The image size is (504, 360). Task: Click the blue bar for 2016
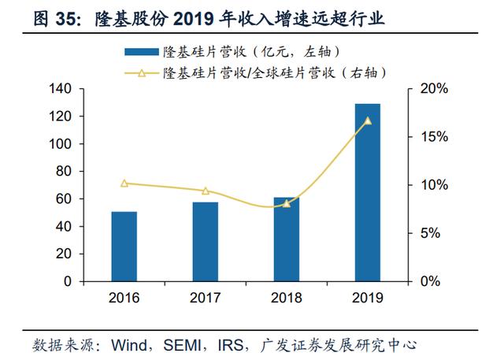coord(124,246)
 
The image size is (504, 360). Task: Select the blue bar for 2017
coord(205,241)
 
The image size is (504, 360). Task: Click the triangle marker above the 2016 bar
coord(124,184)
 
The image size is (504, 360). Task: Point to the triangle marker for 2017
coord(205,191)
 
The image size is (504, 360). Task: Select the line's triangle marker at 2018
coord(286,203)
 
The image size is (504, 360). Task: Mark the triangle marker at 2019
coord(367,121)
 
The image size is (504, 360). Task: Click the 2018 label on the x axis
coord(286,299)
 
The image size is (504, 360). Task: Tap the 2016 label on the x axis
coord(124,299)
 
